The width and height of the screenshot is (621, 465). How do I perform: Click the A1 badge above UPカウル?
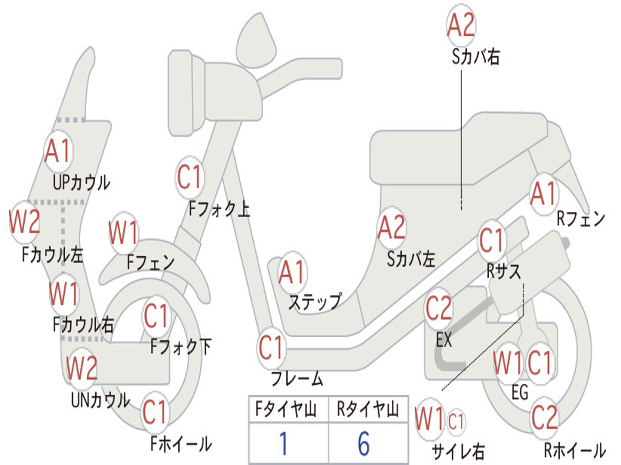58,151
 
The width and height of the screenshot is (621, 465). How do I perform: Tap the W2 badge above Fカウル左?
25,222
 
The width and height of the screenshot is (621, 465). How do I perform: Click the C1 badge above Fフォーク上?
190,177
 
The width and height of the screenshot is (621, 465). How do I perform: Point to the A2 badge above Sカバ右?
461,25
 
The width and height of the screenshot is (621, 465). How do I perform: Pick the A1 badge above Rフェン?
543,194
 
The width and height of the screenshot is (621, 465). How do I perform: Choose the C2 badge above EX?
438,309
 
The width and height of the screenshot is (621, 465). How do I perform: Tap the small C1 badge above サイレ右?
456,421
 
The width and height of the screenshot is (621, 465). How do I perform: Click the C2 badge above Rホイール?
544,417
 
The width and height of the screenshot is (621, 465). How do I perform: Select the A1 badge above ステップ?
292,273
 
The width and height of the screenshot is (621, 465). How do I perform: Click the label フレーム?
297,380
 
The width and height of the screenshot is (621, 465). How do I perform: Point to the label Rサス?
504,271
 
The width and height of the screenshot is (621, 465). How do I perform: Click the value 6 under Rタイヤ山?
364,444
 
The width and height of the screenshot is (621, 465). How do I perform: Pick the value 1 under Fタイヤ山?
283,444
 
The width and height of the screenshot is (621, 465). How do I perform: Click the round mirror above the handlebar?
255,39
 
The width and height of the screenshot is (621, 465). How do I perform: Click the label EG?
520,392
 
